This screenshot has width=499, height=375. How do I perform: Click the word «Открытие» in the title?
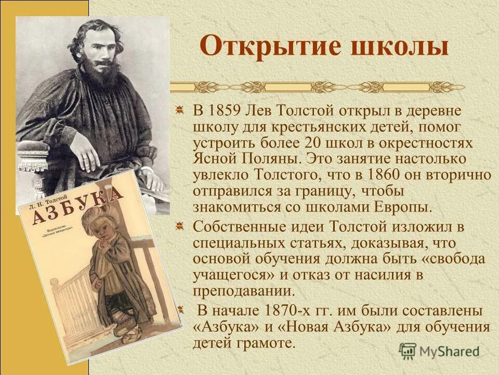(x=265, y=47)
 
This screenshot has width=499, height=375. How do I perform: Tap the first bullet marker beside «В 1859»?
(x=179, y=110)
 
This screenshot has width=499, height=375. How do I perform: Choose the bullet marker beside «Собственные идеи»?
(x=179, y=227)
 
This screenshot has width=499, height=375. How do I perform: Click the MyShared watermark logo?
(x=440, y=351)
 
